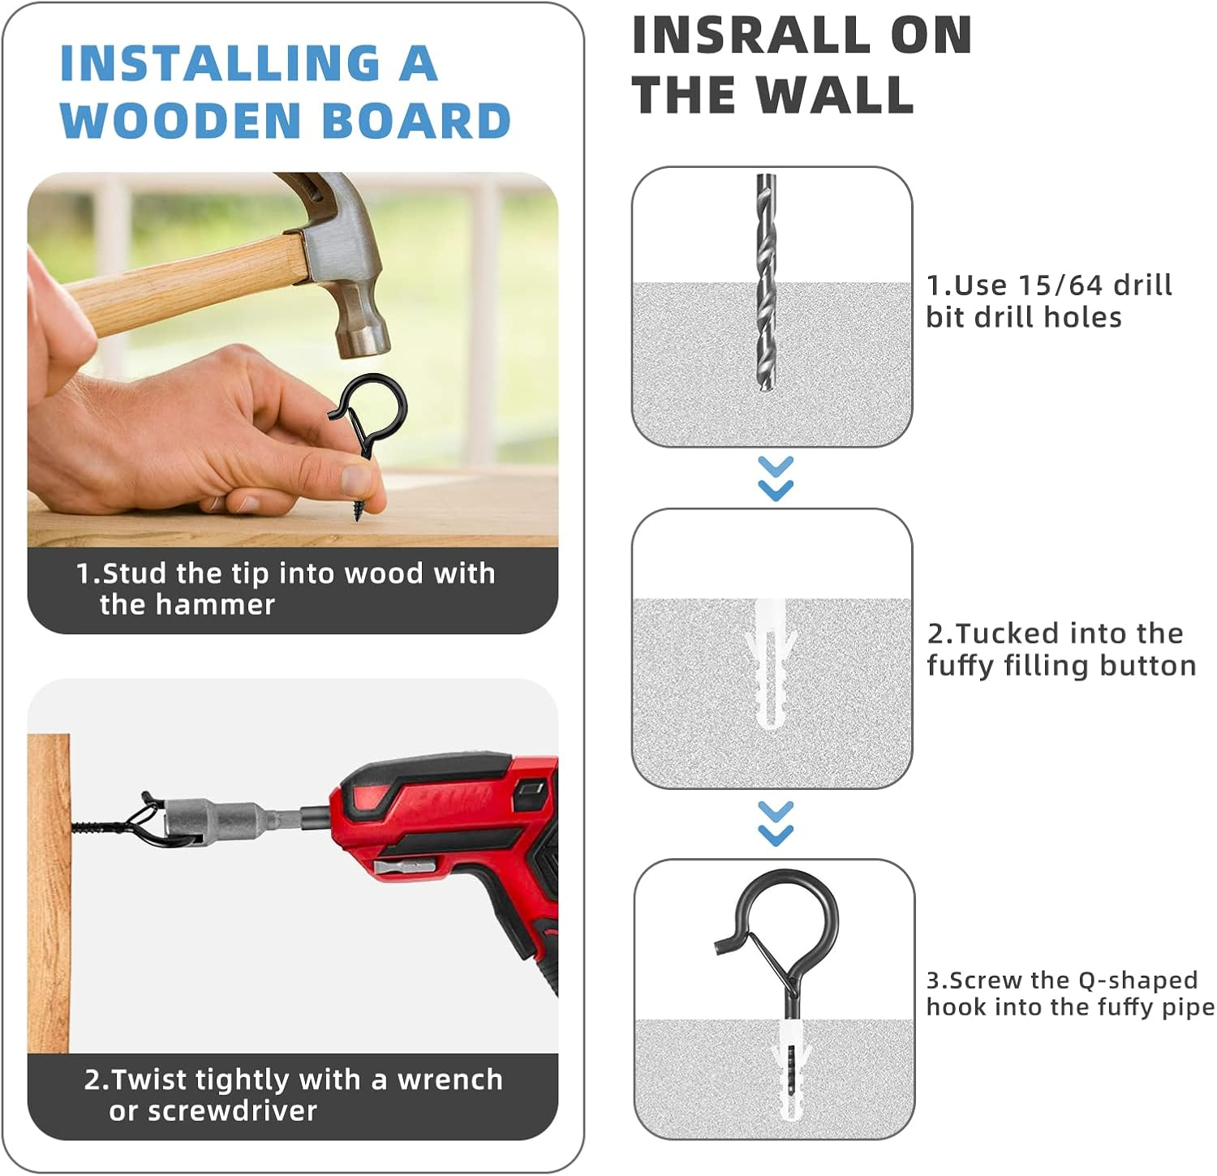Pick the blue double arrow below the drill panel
point(776,479)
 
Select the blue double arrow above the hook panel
point(776,823)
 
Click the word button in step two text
point(1148,666)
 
